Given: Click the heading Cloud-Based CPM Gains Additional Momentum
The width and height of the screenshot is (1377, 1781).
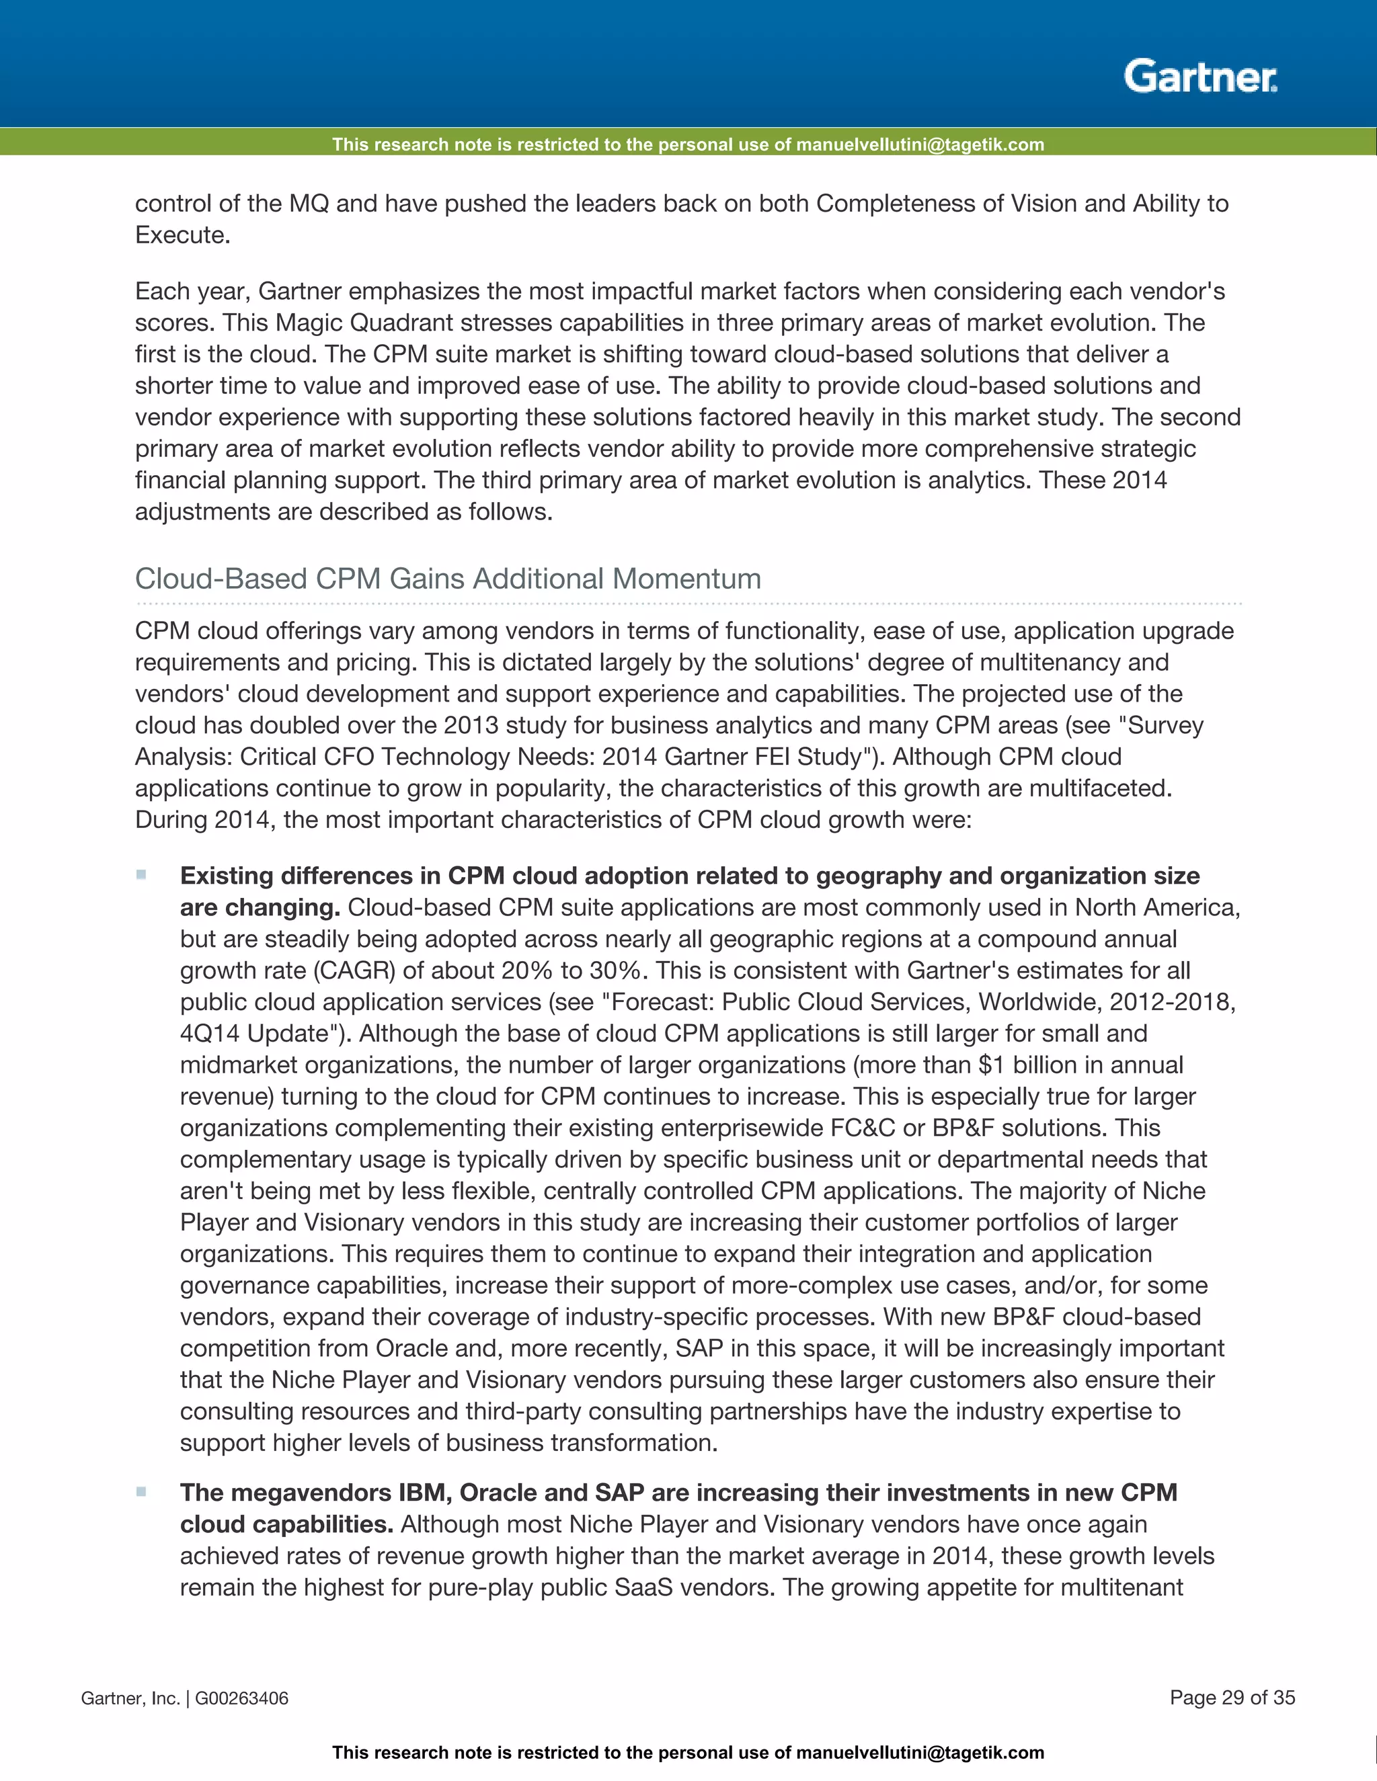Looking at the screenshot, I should pyautogui.click(x=447, y=578).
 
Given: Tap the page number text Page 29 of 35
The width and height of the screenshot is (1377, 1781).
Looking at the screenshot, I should pyautogui.click(x=1232, y=1697).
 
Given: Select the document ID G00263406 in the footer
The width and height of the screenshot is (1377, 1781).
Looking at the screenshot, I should pyautogui.click(x=241, y=1698).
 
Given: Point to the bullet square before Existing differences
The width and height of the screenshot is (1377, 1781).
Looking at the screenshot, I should pyautogui.click(x=141, y=875).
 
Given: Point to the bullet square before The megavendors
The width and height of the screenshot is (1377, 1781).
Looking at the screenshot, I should pyautogui.click(x=141, y=1491).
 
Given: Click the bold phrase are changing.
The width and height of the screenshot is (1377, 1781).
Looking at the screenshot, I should pyautogui.click(x=260, y=907).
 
